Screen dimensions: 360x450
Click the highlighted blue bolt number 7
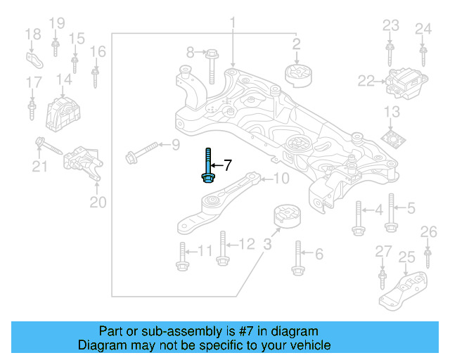(x=208, y=167)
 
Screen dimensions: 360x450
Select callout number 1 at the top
(x=232, y=25)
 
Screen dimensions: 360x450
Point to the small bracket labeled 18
(x=35, y=57)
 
